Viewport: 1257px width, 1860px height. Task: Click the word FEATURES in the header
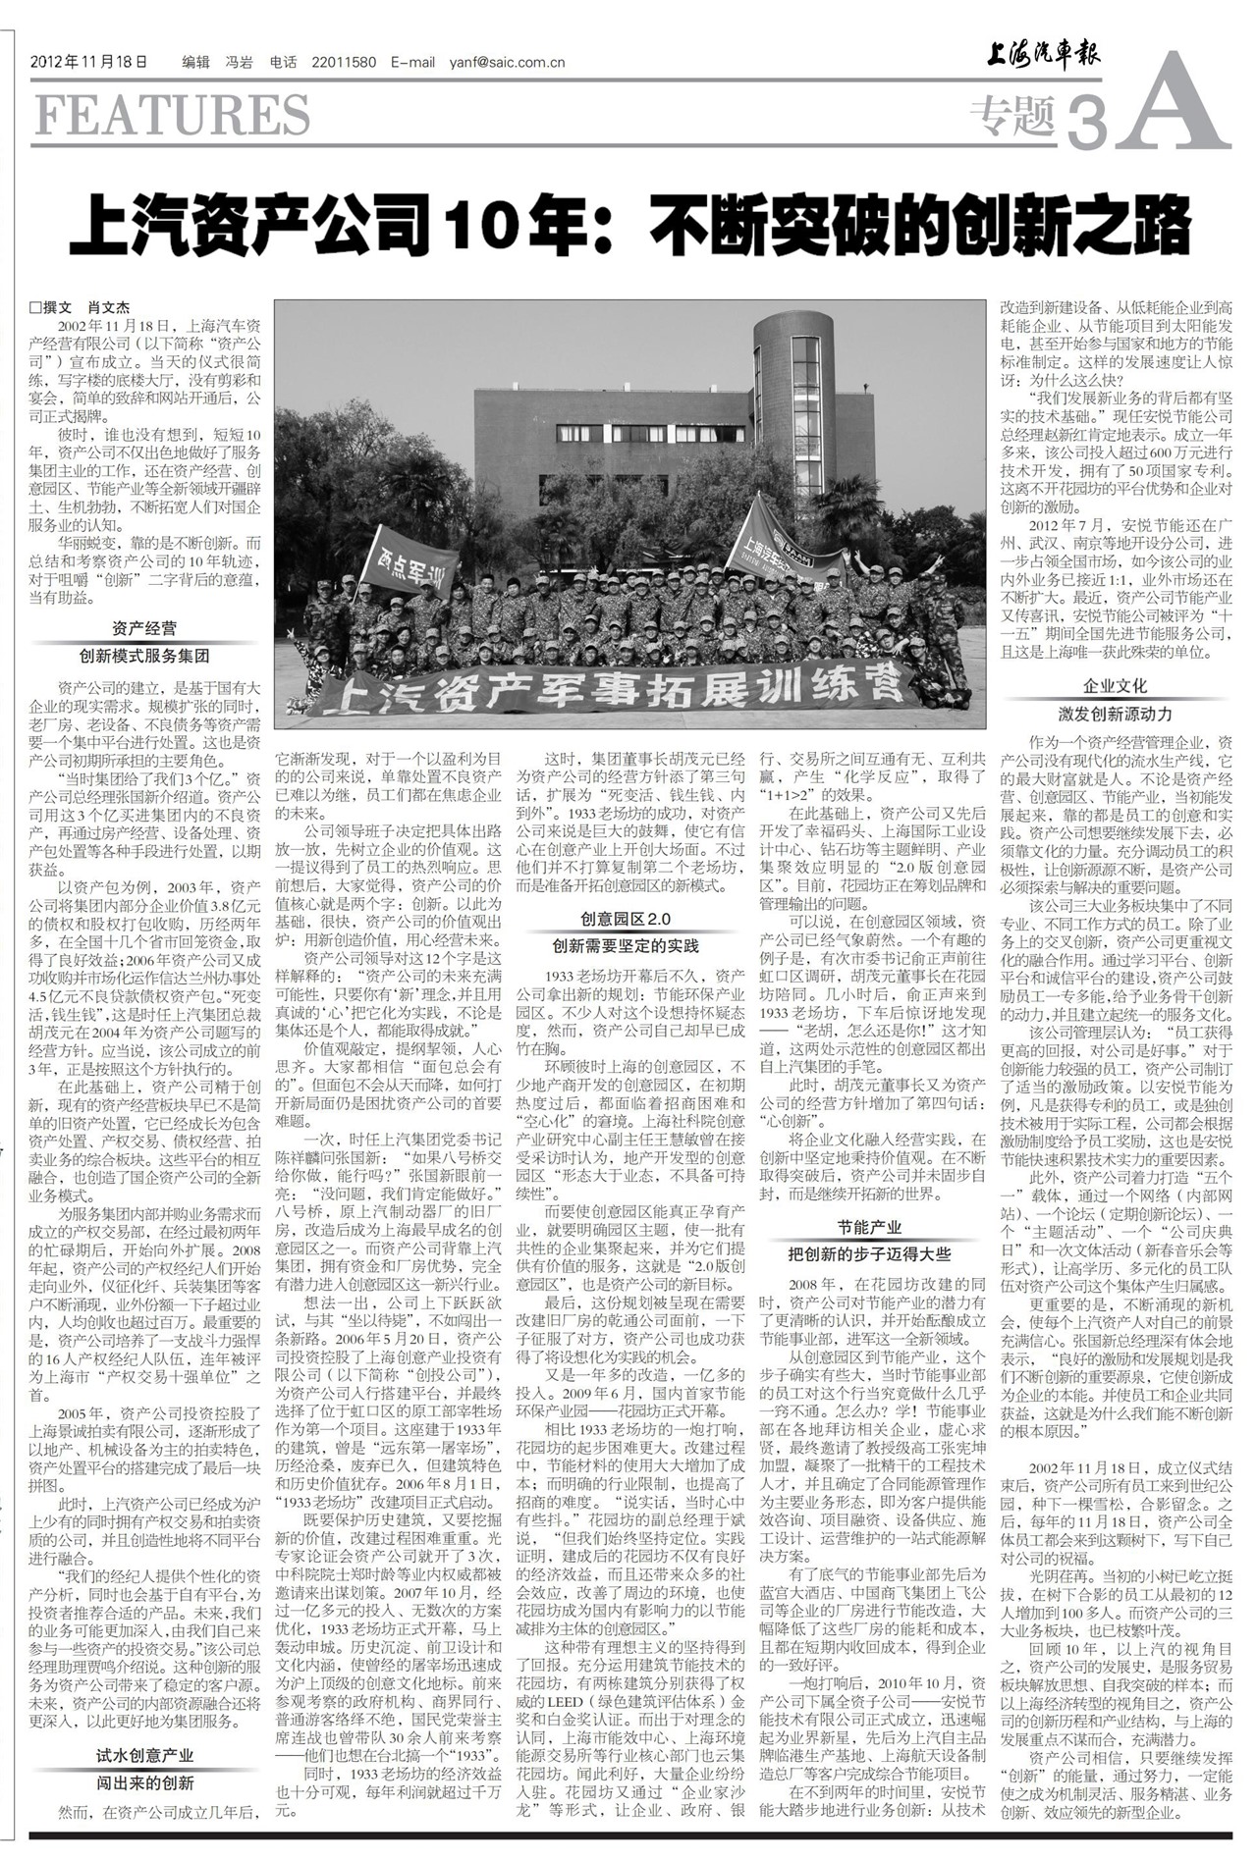[173, 115]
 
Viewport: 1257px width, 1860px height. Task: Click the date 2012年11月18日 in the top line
[89, 62]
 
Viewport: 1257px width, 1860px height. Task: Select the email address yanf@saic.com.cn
[507, 62]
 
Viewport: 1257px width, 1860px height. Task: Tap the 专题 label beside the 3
[1011, 119]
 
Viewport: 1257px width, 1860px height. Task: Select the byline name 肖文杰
[109, 306]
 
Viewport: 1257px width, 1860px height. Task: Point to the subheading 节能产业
[869, 1227]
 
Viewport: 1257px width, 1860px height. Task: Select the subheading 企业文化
[1115, 686]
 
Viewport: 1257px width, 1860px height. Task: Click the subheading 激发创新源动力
[1115, 714]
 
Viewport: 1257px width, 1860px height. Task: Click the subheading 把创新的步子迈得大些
[869, 1254]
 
